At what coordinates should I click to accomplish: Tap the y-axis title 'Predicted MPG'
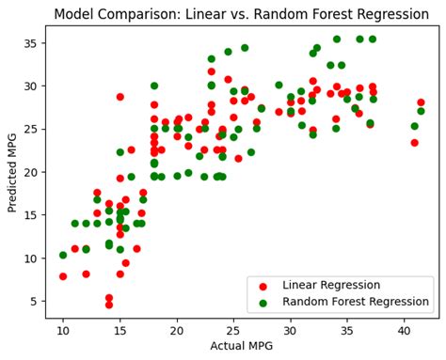point(13,172)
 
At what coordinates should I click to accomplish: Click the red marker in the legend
point(263,285)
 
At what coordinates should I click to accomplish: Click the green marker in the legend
point(263,302)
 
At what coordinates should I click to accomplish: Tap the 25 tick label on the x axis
point(233,333)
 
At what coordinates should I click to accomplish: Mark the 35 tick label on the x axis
point(347,333)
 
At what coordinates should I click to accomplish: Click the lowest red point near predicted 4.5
point(109,305)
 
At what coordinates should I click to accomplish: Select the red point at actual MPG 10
point(63,276)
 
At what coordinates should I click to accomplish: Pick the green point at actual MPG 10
point(63,255)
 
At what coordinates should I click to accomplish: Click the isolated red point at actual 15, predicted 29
point(120,97)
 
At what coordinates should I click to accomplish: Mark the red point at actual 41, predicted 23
point(414,143)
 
